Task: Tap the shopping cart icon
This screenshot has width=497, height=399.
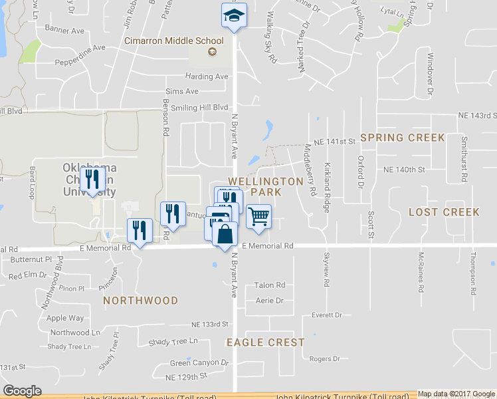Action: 258,216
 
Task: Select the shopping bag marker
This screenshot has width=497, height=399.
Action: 225,234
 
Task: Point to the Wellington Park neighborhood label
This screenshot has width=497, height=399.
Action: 266,186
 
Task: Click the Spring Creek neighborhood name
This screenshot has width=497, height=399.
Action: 402,138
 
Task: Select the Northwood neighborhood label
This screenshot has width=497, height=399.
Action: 140,301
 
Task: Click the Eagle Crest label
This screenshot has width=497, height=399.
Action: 265,342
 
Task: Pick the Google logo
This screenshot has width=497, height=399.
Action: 22,391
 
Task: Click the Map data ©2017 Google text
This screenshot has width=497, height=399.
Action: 456,394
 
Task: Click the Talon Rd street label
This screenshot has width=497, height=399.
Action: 270,285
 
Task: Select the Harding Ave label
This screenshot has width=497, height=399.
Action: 207,76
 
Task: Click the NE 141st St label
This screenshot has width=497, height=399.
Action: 331,142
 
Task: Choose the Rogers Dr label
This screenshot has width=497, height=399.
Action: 325,358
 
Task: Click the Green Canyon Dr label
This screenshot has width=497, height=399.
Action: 199,363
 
